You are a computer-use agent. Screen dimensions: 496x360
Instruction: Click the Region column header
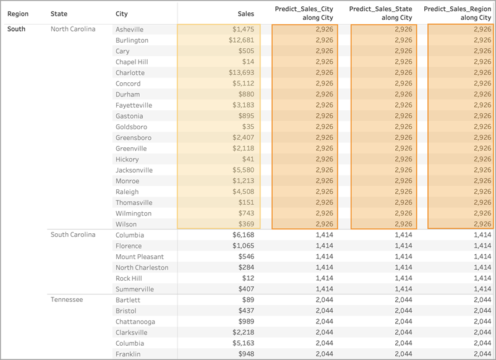coord(18,14)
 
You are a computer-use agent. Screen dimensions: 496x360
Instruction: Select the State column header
coord(59,14)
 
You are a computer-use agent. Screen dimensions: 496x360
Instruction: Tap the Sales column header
coord(246,14)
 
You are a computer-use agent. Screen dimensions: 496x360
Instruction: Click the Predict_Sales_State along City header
coord(380,13)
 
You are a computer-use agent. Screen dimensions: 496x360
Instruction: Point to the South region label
coord(16,29)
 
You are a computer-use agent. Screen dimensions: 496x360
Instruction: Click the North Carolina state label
coord(73,29)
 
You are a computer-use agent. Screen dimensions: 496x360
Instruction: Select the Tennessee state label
coord(67,299)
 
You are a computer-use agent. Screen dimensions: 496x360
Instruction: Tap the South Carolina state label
coord(73,234)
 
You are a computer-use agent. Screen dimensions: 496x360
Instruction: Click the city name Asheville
coord(129,30)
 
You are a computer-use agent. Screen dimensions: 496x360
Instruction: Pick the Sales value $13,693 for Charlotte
coord(241,72)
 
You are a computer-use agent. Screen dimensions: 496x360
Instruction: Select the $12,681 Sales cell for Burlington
coord(241,40)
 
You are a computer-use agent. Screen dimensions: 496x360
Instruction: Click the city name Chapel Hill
coord(132,62)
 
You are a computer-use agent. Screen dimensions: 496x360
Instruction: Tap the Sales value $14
coord(248,62)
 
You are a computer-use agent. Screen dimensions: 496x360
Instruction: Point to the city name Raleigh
coord(127,192)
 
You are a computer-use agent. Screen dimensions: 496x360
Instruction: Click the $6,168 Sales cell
coord(243,234)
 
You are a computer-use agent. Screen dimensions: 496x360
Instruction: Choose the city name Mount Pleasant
coord(140,257)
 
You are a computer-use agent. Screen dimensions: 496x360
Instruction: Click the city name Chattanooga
coord(135,322)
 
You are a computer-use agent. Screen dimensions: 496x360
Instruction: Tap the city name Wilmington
coord(133,213)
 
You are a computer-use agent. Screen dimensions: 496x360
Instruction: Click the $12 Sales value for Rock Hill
coord(248,278)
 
